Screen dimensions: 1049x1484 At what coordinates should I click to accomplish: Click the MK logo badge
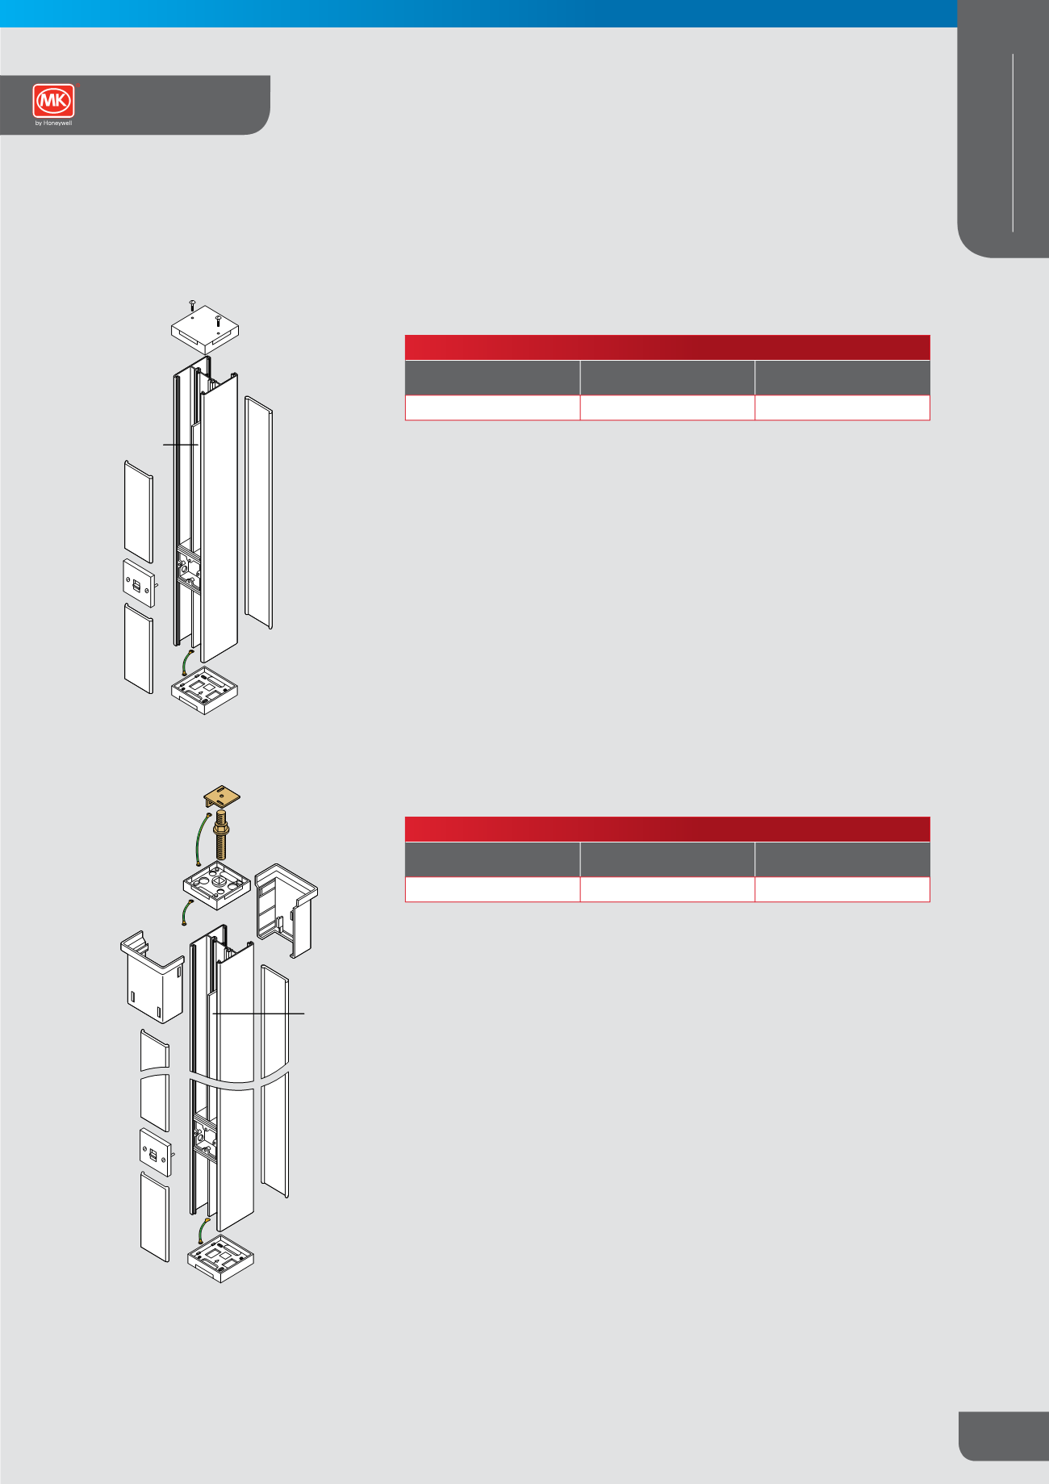pyautogui.click(x=53, y=101)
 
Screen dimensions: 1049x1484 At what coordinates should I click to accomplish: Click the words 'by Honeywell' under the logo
pyautogui.click(x=53, y=123)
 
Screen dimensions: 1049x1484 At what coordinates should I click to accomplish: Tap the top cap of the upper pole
pyautogui.click(x=205, y=329)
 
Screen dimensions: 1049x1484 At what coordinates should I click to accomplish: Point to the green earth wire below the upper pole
pyautogui.click(x=186, y=663)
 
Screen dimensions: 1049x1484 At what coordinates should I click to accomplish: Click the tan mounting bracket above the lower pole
pyautogui.click(x=222, y=798)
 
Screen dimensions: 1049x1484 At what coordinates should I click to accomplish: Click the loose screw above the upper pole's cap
pyautogui.click(x=192, y=305)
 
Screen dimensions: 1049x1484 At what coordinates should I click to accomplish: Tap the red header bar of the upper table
pyautogui.click(x=667, y=347)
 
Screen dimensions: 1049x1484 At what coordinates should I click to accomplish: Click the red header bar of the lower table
pyautogui.click(x=667, y=829)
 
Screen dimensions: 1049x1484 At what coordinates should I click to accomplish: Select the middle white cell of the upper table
pyautogui.click(x=667, y=408)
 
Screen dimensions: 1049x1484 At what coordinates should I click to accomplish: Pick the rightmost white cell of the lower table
pyautogui.click(x=842, y=889)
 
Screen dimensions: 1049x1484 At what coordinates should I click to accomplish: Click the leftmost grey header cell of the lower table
pyautogui.click(x=492, y=859)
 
